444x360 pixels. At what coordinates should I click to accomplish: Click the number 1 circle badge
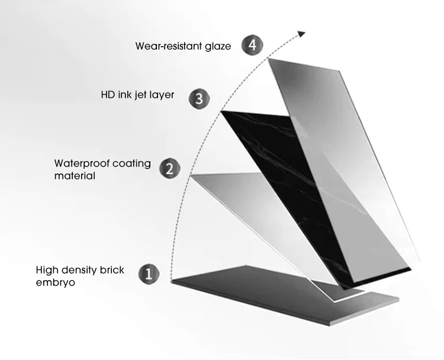pos(149,274)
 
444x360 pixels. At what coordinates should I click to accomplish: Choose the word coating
pos(131,163)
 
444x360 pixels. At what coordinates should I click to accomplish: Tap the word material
pos(75,176)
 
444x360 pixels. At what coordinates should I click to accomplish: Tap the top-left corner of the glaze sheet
pos(270,59)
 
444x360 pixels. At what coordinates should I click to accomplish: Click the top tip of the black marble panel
pos(220,112)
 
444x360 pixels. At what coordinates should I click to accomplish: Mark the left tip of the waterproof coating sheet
pos(191,176)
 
